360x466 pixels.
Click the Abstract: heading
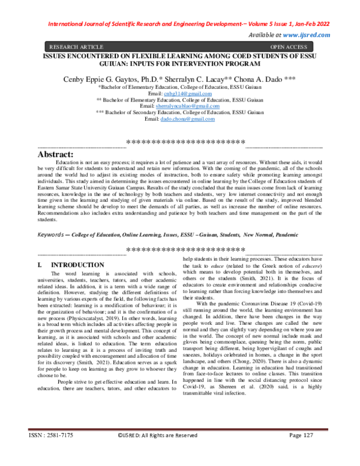(x=56, y=154)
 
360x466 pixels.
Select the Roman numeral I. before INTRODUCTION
(x=40, y=264)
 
